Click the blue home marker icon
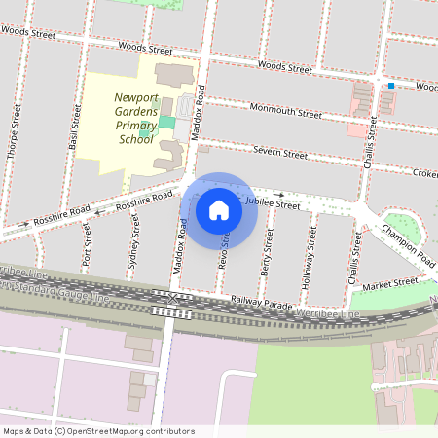[x=219, y=209]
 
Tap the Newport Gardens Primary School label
[x=137, y=118]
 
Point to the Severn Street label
[x=279, y=152]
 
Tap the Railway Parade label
[x=262, y=304]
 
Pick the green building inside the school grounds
[x=167, y=123]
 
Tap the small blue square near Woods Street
[x=391, y=86]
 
